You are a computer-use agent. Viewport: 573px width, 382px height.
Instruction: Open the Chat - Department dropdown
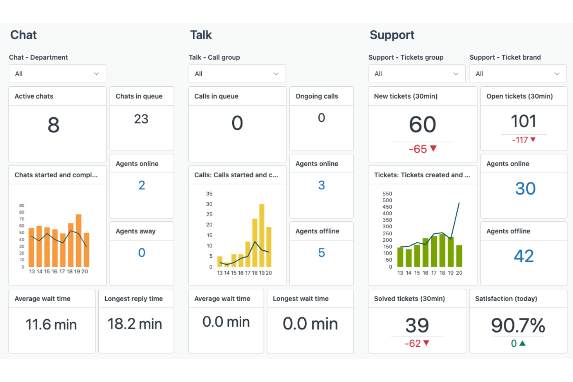click(57, 74)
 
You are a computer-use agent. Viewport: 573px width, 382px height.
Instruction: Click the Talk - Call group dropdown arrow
click(276, 74)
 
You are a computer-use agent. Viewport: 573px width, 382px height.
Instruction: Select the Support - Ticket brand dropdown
click(518, 74)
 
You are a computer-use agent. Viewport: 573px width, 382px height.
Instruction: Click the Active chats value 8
click(53, 125)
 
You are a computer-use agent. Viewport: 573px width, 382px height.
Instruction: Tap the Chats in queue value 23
click(141, 119)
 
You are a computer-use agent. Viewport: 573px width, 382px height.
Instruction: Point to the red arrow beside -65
click(434, 148)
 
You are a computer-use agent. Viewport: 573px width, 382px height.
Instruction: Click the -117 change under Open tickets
click(520, 140)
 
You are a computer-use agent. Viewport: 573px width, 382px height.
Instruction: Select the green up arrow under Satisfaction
click(523, 343)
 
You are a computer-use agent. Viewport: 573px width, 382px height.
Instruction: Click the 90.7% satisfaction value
click(518, 325)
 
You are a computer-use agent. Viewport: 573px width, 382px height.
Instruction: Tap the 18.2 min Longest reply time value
click(135, 324)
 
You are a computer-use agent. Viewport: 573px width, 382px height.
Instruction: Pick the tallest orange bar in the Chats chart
click(79, 240)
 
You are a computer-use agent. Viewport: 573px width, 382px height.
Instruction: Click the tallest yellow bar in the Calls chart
click(262, 235)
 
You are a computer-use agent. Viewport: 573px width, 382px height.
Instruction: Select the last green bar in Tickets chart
click(459, 256)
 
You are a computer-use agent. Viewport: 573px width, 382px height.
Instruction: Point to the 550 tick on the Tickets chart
click(387, 194)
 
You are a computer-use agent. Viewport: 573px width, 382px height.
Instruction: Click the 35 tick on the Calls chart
click(209, 194)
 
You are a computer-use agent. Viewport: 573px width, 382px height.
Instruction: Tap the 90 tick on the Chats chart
click(22, 206)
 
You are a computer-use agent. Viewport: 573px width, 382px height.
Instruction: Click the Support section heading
click(392, 35)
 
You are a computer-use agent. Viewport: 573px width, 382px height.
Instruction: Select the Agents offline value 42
click(523, 256)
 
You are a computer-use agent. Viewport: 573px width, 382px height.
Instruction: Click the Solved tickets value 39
click(417, 325)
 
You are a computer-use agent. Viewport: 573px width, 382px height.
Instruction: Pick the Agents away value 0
click(142, 253)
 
